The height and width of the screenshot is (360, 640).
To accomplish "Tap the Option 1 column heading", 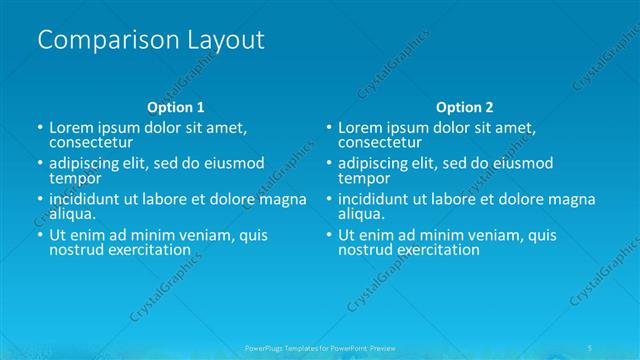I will pos(176,107).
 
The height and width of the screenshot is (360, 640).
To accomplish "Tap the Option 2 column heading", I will pos(464,107).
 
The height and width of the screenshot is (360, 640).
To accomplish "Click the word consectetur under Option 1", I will pos(93,143).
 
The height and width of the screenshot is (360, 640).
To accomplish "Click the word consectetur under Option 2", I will pos(381,143).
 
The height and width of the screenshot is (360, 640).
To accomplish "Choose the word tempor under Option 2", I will pos(364,179).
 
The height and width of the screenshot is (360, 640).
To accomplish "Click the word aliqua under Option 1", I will pos(72,214).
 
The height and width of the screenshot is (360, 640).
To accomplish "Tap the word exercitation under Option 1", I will pos(154,250).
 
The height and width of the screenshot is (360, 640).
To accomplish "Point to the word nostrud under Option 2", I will pos(365,250).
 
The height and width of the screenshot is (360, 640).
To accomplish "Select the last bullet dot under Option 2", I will pos(328,236).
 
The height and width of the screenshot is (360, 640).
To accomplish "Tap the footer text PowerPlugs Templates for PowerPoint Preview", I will pos(319,347).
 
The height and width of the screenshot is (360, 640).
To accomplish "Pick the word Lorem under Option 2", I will pos(360,128).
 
